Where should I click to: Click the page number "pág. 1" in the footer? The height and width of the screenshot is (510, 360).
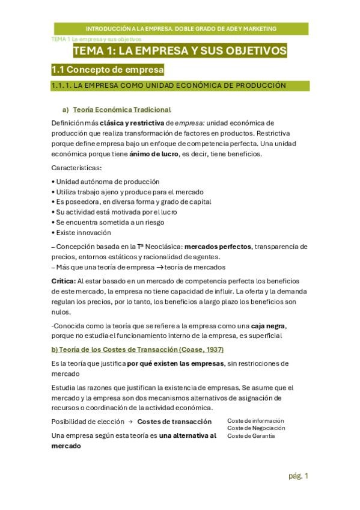298,476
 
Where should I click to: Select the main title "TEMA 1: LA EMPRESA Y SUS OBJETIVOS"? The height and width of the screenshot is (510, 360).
180,51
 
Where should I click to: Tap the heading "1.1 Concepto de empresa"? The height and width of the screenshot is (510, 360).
108,70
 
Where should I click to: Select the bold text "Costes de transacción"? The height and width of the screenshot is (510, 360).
174,422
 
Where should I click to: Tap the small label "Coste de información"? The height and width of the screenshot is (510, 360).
255,420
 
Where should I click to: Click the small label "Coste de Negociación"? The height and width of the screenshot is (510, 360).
256,428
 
